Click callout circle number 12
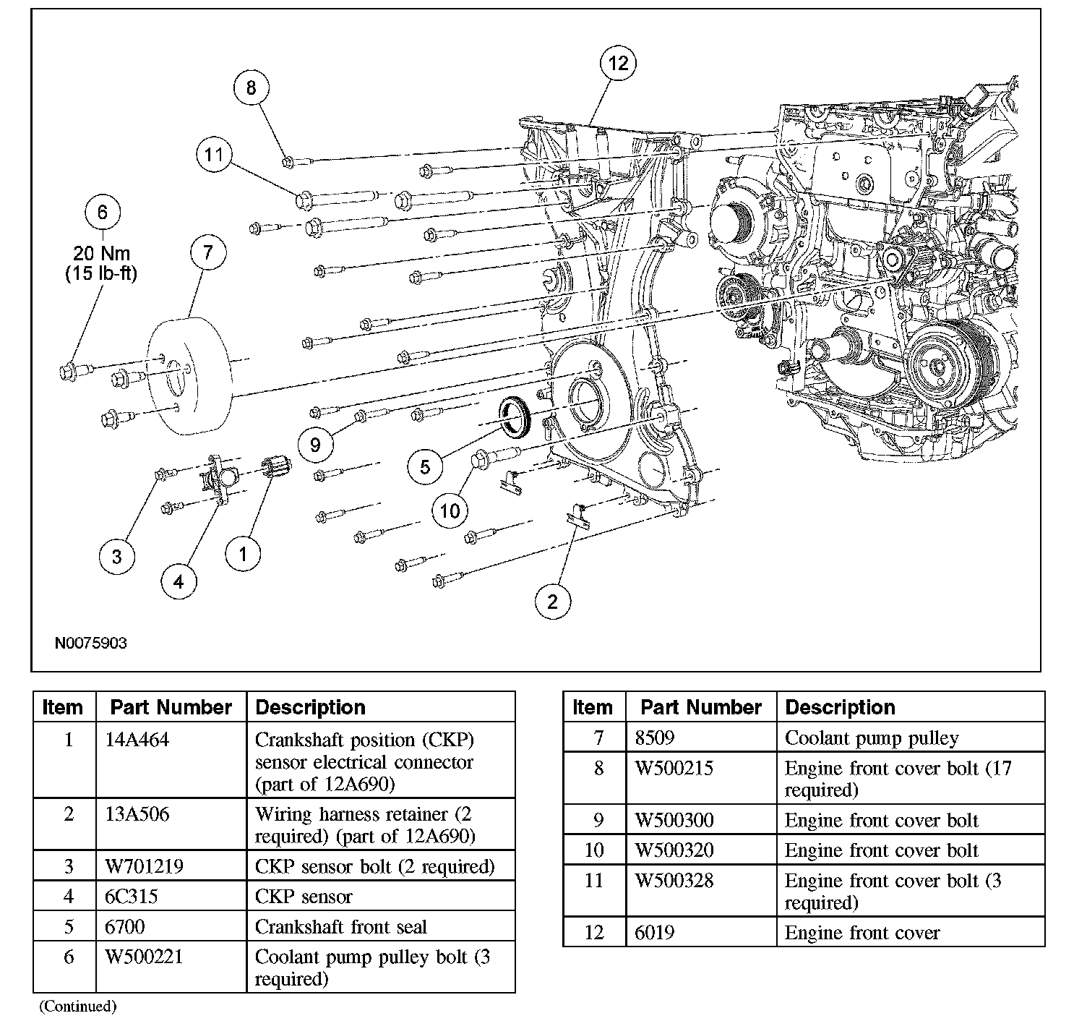pos(618,63)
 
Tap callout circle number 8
pos(251,87)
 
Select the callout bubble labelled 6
pos(103,212)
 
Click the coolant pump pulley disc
pos(188,376)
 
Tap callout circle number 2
pos(552,602)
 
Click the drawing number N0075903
pos(90,643)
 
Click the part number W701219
pos(144,866)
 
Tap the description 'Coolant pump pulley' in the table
pos(872,738)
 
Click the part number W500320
pos(674,850)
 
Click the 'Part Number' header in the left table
pos(171,707)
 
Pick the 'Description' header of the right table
pos(840,707)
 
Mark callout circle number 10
pos(450,510)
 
